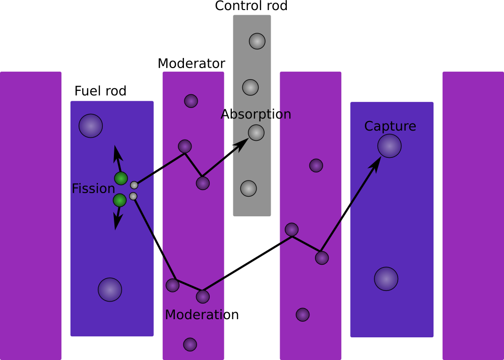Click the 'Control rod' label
pos(251,6)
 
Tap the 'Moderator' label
pos(191,64)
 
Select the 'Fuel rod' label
pos(100,91)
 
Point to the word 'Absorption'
pos(256,114)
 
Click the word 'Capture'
pos(390,126)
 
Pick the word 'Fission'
pos(93,189)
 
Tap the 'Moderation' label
pos(202,315)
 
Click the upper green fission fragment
pos(121,178)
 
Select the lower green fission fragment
pos(119,200)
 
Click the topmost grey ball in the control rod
pos(257,41)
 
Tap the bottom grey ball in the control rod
pos(248,188)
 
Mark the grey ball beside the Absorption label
pos(256,133)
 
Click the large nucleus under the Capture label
pos(390,146)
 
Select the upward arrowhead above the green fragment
pos(117,151)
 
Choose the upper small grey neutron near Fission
pos(134,185)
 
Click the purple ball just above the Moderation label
pos(203,296)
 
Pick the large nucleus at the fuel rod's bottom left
pos(110,289)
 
